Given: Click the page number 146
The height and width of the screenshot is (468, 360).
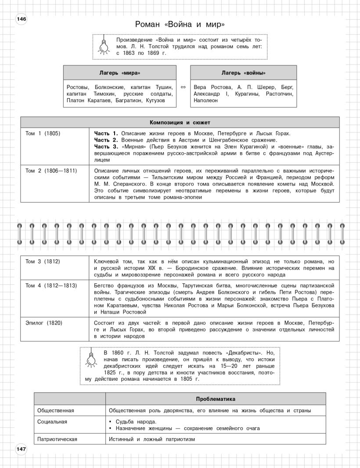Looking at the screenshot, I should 22,19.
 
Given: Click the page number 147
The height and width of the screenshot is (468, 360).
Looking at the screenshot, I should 22,448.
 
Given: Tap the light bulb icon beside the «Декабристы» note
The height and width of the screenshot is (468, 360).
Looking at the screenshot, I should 91,358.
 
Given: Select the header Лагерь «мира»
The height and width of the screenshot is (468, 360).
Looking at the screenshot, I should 120,73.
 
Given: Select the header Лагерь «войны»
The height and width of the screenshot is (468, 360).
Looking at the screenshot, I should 243,73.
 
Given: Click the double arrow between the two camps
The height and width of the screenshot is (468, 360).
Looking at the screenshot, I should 184,87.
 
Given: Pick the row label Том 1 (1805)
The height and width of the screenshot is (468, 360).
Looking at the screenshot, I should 43,133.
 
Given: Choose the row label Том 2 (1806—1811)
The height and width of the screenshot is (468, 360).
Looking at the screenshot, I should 51,171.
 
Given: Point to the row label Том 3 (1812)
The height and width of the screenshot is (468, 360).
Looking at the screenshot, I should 43,261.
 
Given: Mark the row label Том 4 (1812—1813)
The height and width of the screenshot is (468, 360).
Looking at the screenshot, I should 51,286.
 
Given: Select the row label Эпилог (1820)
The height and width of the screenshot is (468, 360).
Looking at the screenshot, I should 44,323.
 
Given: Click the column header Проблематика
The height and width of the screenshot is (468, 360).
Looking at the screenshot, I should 216,399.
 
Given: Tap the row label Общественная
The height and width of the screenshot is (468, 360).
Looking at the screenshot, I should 56,411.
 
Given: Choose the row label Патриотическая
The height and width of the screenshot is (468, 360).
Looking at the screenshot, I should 58,439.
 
